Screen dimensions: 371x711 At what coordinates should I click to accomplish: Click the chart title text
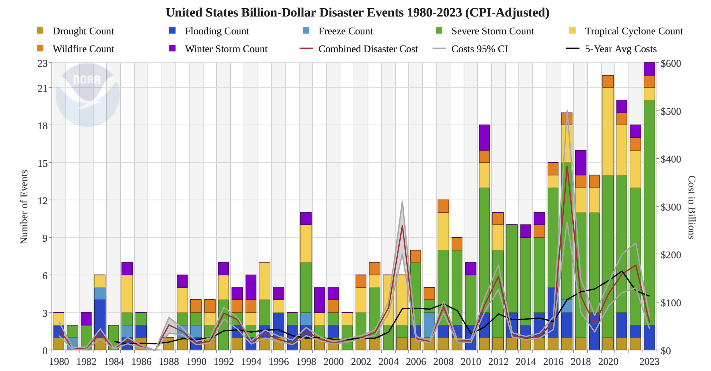pos(357,13)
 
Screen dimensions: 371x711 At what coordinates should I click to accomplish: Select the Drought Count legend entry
pos(83,31)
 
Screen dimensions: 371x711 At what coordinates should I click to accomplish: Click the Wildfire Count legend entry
pos(83,49)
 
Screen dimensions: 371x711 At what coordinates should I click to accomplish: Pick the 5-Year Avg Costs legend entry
pos(620,49)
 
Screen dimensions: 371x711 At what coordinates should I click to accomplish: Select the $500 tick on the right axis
pos(671,111)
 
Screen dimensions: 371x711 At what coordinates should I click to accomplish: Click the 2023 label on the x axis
pos(649,362)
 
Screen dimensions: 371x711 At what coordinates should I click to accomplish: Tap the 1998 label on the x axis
pos(306,362)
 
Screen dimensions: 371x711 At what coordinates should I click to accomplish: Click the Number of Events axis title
pos(24,207)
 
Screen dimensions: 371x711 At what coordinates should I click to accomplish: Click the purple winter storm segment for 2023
pos(649,69)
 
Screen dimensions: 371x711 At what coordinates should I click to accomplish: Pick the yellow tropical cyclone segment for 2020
pos(608,131)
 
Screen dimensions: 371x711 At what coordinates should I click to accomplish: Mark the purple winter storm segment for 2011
pos(484,138)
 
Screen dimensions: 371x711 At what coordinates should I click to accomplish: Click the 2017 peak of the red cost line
pos(567,167)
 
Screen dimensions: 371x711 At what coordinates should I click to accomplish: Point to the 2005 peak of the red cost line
pos(402,226)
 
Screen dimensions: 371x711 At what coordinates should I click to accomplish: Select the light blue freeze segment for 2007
pos(429,325)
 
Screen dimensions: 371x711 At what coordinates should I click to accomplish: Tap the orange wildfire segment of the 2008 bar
pos(443,206)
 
